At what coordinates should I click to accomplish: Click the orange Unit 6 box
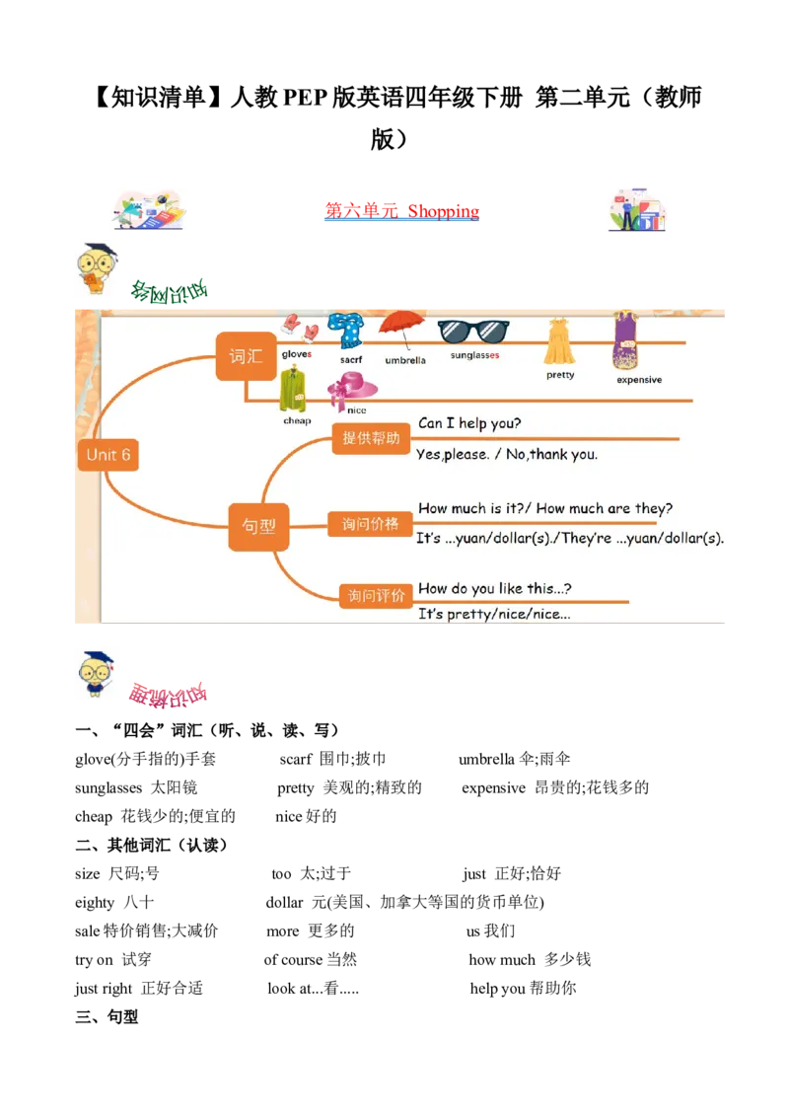pos(108,455)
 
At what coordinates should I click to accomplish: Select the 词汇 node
pos(246,356)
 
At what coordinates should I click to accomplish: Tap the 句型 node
pos(258,526)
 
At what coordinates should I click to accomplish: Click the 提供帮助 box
pos(371,438)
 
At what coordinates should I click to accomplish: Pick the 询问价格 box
pos(370,524)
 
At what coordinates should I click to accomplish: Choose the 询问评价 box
pos(376,595)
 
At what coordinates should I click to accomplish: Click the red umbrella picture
pos(401,329)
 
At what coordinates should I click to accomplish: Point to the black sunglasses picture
pos(473,332)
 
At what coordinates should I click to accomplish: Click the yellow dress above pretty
pos(559,341)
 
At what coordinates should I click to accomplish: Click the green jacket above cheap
pos(293,389)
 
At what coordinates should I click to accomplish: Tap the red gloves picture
pos(299,328)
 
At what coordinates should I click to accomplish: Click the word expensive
pos(639,380)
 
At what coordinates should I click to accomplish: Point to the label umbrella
pos(405,360)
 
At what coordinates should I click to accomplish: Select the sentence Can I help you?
pos(469,423)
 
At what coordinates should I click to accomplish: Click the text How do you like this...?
pos(495,588)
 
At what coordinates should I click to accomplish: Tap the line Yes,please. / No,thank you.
pos(507,455)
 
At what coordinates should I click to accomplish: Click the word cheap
pos(297,420)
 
